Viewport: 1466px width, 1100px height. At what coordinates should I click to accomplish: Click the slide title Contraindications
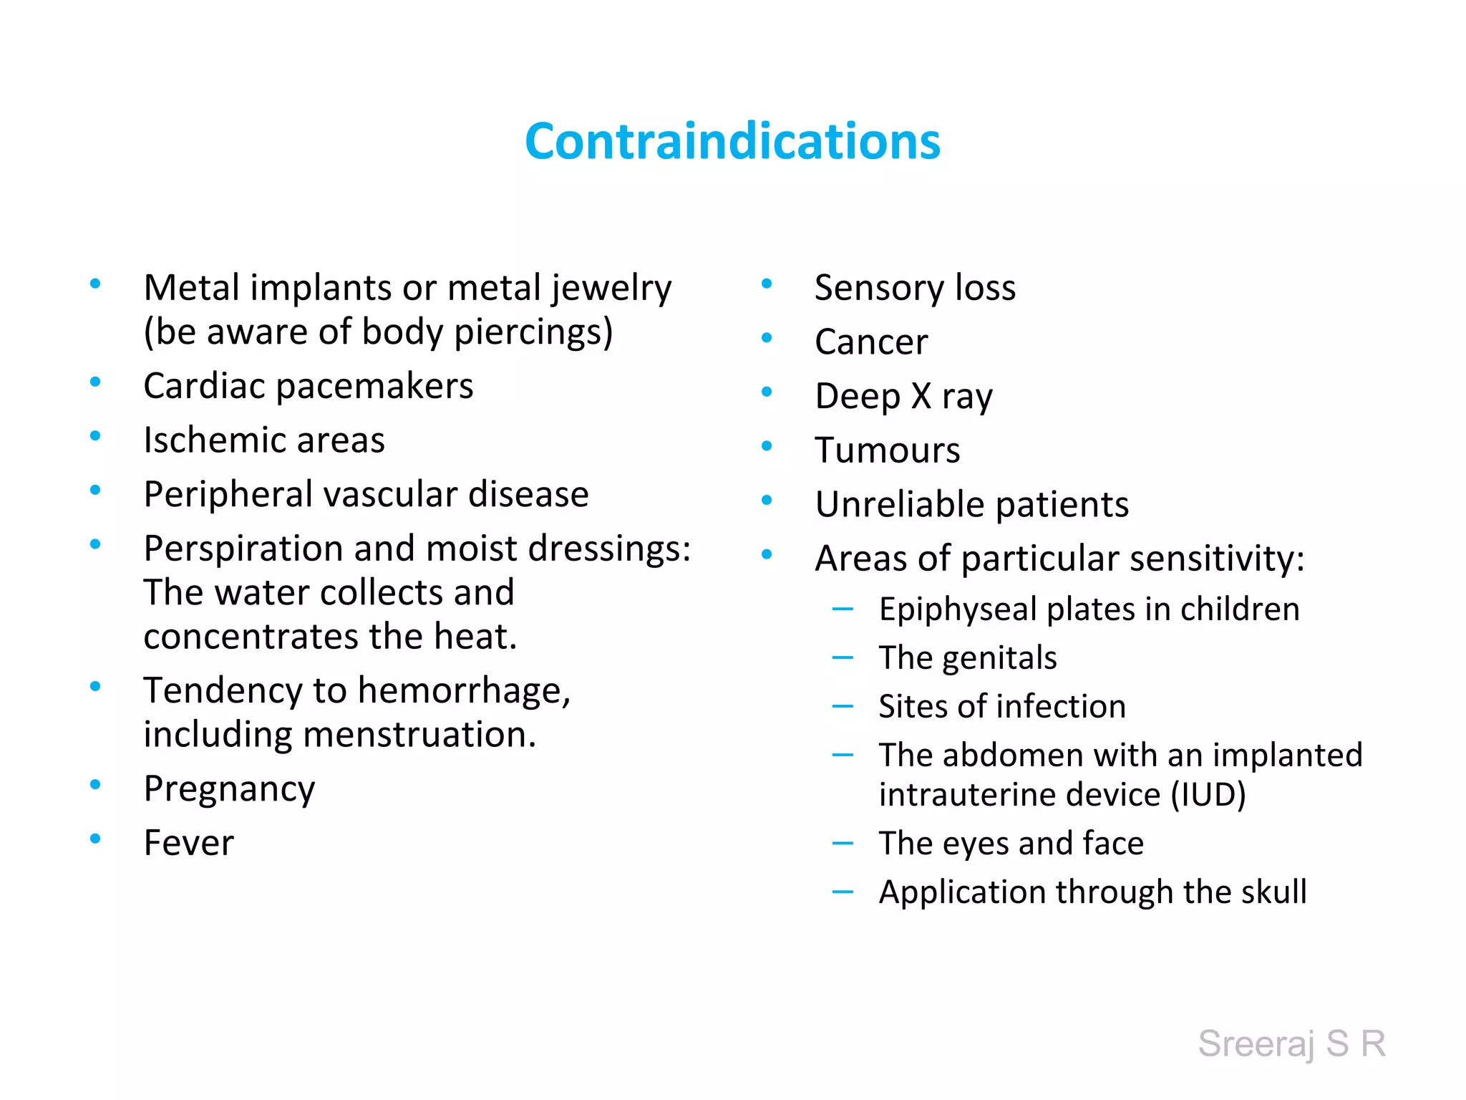[x=732, y=141]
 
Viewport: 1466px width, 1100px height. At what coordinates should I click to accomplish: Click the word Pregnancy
[x=229, y=789]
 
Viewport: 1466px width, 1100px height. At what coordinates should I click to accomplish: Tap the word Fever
[x=188, y=843]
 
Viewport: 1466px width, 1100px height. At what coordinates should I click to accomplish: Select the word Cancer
[x=871, y=342]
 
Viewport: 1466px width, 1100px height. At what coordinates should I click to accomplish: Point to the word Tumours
[x=888, y=450]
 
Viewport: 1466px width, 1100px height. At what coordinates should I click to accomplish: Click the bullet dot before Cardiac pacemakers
[x=95, y=382]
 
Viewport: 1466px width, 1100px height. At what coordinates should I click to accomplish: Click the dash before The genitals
[x=843, y=657]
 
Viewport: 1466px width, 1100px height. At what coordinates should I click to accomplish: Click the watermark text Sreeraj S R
[x=1291, y=1043]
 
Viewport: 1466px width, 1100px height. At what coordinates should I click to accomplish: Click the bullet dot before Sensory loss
[x=767, y=284]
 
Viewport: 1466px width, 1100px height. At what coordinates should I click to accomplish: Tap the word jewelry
[x=611, y=289]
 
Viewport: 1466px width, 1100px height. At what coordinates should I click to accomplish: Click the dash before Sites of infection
[x=843, y=706]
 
